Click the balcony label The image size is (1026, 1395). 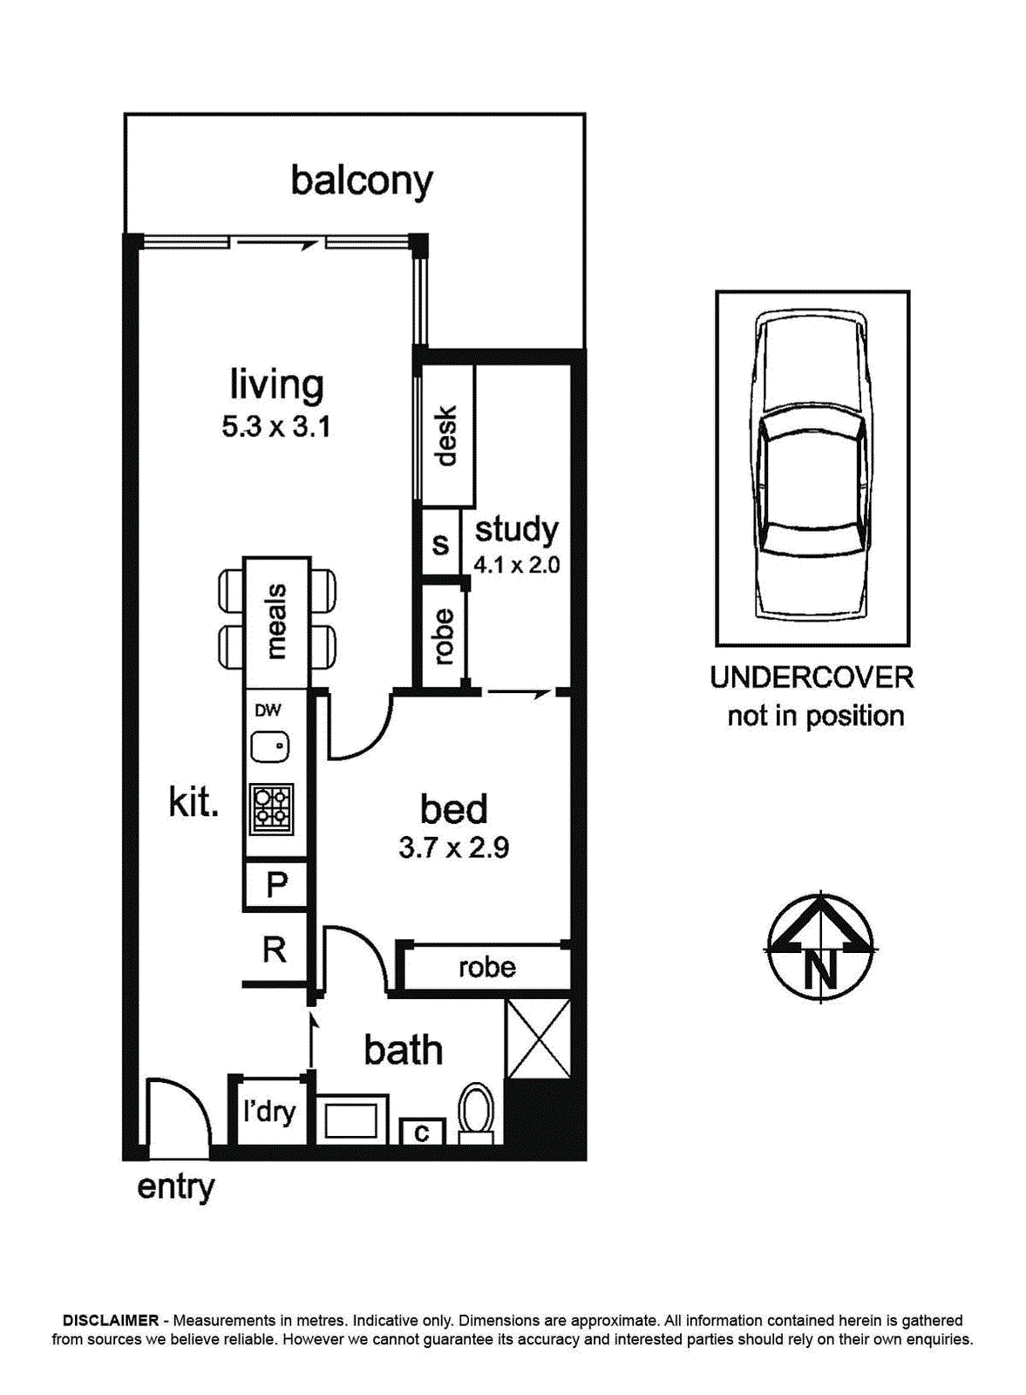(362, 182)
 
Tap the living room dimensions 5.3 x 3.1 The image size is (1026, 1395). (275, 427)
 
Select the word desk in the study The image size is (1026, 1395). (447, 435)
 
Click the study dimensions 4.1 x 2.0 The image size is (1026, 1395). (517, 565)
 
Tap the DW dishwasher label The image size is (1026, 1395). (268, 710)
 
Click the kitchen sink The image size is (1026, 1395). (270, 746)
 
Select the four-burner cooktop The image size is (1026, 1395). (272, 809)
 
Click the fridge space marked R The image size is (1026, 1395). (275, 949)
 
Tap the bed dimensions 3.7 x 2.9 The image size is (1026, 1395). (454, 848)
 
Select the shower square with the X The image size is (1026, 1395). (539, 1039)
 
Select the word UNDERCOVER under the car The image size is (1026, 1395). (812, 677)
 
